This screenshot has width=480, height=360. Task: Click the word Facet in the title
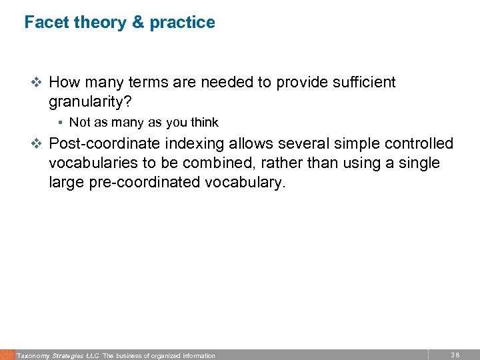(45, 22)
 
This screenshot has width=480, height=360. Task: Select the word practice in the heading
(182, 22)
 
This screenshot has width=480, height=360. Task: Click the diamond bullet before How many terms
(37, 83)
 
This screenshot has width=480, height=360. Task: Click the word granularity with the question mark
(89, 102)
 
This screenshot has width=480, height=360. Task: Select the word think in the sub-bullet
(204, 122)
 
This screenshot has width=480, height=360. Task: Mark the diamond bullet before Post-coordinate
(37, 144)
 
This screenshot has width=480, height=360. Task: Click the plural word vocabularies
(93, 163)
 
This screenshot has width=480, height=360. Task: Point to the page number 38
(455, 355)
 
